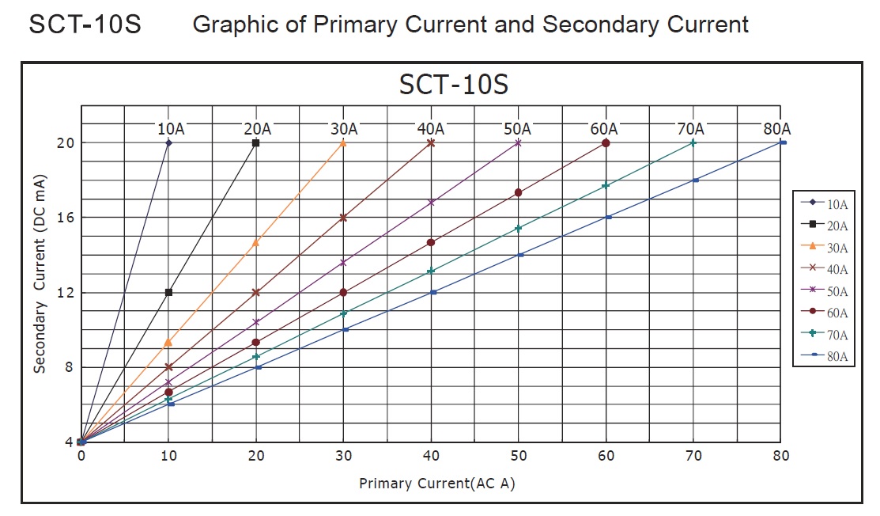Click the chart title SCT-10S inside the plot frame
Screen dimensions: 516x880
pos(453,84)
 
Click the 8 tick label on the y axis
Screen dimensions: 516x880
pos(69,366)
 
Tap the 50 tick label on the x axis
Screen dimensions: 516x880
pos(519,456)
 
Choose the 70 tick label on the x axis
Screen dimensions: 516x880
pos(693,456)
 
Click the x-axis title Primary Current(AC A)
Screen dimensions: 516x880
pos(436,483)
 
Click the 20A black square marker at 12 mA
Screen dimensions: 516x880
pos(168,292)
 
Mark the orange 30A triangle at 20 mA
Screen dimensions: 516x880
pos(343,143)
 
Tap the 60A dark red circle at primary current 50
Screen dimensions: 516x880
pos(519,192)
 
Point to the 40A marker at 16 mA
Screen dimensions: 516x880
pos(343,217)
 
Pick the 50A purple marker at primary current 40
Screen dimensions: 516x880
pos(431,203)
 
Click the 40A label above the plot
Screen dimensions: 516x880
pos(431,128)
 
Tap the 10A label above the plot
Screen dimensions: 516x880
pos(172,128)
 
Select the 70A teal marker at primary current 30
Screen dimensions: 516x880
pos(343,313)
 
